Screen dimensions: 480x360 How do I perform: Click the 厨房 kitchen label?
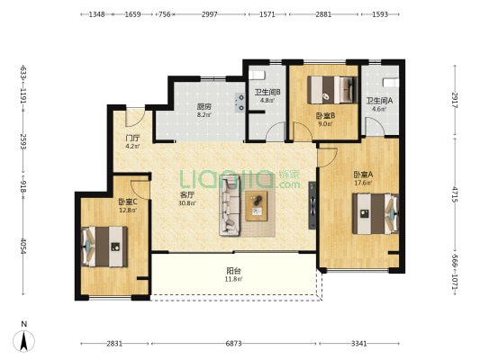coord(204,107)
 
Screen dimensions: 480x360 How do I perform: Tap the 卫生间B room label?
coord(267,92)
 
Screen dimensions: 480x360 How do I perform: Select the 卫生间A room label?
coord(380,100)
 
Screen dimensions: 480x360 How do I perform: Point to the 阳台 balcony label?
coord(233,271)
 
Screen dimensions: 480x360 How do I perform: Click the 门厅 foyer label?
coord(132,138)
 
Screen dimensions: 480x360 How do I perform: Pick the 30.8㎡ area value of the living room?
coord(187,202)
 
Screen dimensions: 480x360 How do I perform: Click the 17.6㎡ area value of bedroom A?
coord(363,183)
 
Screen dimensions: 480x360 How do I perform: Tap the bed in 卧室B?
coord(332,90)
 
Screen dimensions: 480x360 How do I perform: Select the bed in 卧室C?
coord(104,247)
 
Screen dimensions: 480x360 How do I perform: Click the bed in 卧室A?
coord(376,214)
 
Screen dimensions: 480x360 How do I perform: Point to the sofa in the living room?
coord(230,205)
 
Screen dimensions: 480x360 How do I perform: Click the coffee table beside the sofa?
coord(257,206)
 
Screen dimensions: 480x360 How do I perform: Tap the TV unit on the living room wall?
coord(312,205)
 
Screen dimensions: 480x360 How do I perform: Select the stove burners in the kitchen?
coord(240,103)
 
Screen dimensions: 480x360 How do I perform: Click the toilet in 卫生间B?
coord(257,75)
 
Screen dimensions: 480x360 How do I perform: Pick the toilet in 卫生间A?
coord(391,82)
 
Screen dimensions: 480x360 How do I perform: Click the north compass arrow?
coord(24,341)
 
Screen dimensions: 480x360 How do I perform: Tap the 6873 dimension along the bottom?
coord(233,344)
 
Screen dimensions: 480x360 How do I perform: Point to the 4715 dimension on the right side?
coord(455,194)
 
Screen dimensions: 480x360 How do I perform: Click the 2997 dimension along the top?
coord(210,14)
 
